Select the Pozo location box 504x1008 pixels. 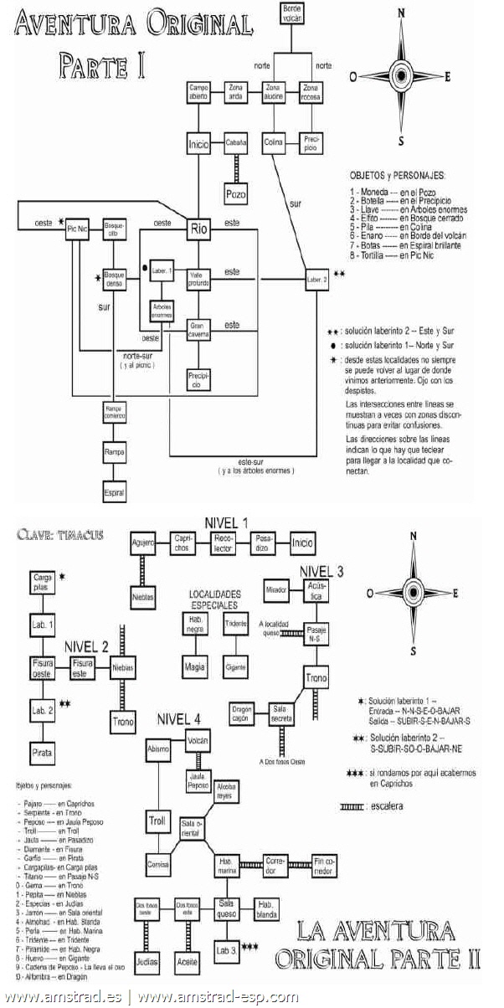[236, 194]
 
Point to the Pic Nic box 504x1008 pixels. [78, 229]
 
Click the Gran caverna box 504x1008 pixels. [198, 327]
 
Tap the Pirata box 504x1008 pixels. [44, 753]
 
